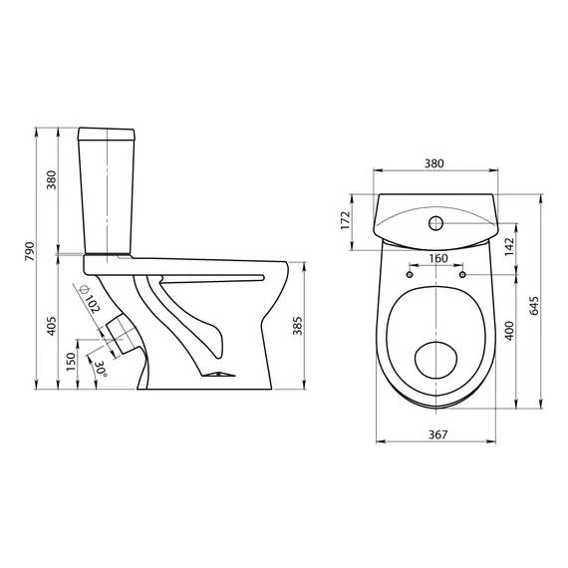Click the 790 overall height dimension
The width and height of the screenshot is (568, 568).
pos(29,251)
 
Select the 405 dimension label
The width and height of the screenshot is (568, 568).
pos(52,326)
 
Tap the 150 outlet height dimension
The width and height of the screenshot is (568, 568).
pos(71,361)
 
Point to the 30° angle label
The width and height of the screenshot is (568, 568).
pos(100,369)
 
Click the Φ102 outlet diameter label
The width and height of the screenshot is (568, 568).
pos(90,300)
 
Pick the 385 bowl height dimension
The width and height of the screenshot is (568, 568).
pos(297,326)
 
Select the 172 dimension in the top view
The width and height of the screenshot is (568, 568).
pos(346,220)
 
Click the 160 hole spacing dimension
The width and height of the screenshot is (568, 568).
pos(438,259)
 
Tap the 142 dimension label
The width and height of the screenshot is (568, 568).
pos(509,247)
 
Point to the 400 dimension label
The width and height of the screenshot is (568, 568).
pos(509,331)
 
